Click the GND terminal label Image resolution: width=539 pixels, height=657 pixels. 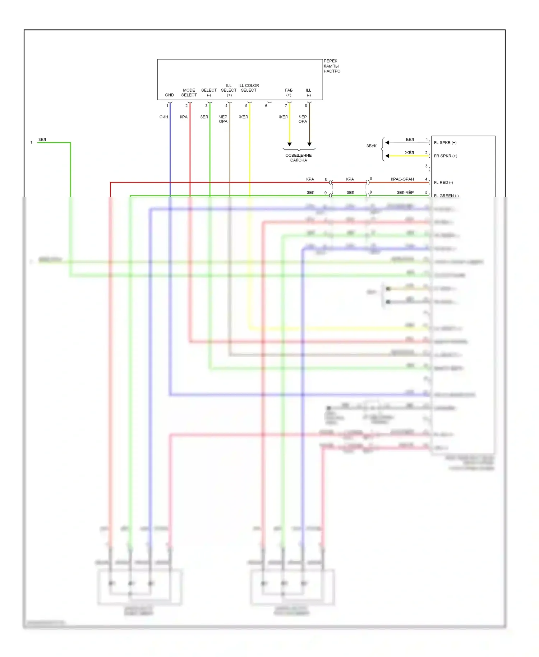pos(169,95)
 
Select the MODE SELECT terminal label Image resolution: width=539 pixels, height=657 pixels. pos(189,93)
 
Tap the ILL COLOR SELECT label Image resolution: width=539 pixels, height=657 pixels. pos(249,88)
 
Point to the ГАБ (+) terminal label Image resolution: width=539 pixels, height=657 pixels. pos(289,93)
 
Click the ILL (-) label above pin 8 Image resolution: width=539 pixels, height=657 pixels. pos(309,93)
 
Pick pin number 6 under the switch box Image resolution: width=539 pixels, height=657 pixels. pos(266,106)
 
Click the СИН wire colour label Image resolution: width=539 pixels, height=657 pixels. pos(163,117)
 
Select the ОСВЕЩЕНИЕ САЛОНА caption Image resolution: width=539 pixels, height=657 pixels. pos(299,158)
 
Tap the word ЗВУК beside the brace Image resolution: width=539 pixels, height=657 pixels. pos(371,146)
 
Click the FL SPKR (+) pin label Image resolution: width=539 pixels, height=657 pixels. pos(445,143)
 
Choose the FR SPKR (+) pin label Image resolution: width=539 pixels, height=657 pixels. pos(446,156)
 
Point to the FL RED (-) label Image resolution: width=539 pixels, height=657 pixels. pos(443,183)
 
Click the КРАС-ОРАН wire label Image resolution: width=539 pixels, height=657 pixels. pos(402,179)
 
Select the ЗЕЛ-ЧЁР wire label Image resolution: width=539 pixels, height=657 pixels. pos(405,193)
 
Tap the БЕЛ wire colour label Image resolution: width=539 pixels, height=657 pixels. pos(410,140)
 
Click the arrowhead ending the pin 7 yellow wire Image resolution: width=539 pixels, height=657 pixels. pos(289,144)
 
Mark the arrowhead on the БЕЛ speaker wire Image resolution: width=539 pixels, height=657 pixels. pos(387,143)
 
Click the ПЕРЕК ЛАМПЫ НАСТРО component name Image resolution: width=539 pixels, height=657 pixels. pos(332,66)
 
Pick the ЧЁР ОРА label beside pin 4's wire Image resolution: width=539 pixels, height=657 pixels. pos(223,119)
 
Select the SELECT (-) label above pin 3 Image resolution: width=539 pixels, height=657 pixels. pos(209,93)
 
